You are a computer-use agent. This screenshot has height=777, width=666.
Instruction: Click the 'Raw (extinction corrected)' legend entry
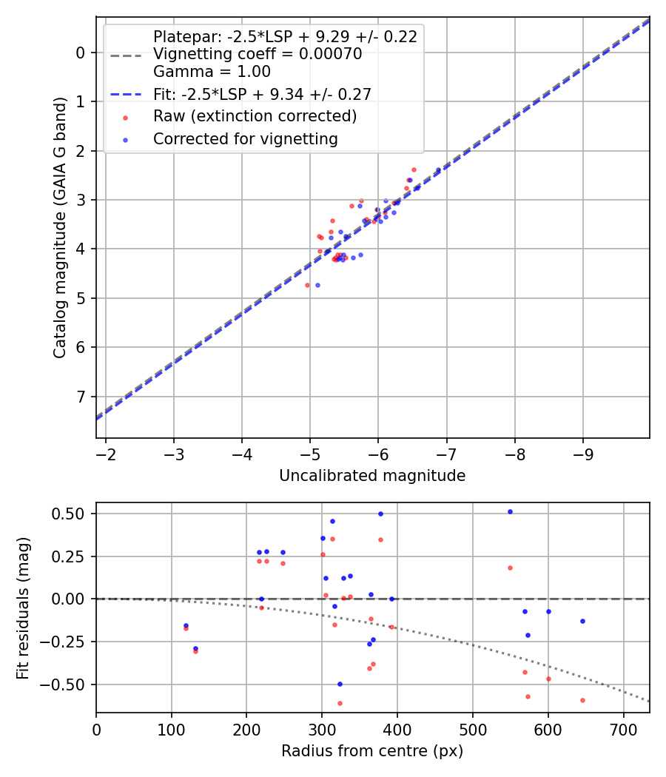tap(255, 116)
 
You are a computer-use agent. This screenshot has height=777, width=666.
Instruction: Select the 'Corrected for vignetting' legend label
tap(245, 139)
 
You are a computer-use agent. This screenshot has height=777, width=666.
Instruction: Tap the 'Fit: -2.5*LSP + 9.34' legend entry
tap(262, 94)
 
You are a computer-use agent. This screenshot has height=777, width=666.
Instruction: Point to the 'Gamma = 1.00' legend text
tap(212, 72)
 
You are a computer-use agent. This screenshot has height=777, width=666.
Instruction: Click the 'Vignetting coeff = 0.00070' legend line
tap(257, 54)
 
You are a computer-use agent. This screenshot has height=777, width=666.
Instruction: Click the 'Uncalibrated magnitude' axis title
tap(372, 476)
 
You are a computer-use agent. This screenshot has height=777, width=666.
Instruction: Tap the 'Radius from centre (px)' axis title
tap(372, 751)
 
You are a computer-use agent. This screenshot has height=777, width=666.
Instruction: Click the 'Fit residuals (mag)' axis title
tap(23, 608)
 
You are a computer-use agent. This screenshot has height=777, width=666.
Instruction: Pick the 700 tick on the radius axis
tap(623, 727)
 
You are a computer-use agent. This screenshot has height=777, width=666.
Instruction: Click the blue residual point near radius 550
tap(510, 511)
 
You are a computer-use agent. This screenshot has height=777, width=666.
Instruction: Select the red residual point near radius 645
tap(582, 700)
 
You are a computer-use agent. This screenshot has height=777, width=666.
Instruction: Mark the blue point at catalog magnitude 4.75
tap(317, 285)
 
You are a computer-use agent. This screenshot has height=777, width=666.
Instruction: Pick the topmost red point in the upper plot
tap(414, 169)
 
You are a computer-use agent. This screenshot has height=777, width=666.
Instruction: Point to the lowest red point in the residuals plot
tap(340, 703)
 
